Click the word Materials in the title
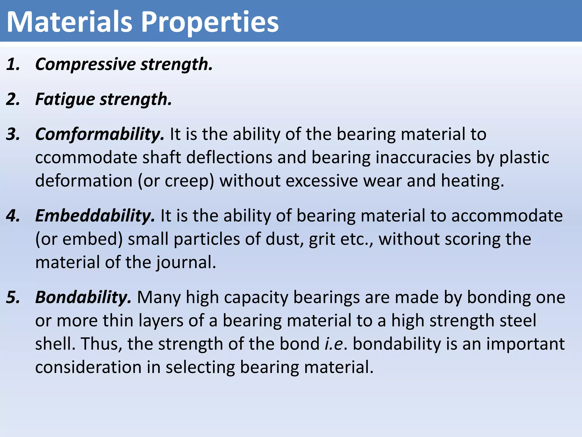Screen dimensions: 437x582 (69, 22)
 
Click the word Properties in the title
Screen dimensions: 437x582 (210, 22)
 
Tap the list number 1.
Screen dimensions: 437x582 (13, 64)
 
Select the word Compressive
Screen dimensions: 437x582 (86, 64)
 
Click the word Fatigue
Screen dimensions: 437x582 (65, 99)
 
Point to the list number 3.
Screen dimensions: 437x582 (13, 134)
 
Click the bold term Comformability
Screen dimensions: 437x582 (99, 134)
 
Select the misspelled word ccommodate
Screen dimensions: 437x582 (86, 158)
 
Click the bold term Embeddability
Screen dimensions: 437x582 (95, 216)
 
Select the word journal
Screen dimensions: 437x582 (186, 263)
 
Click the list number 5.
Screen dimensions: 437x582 (13, 298)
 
